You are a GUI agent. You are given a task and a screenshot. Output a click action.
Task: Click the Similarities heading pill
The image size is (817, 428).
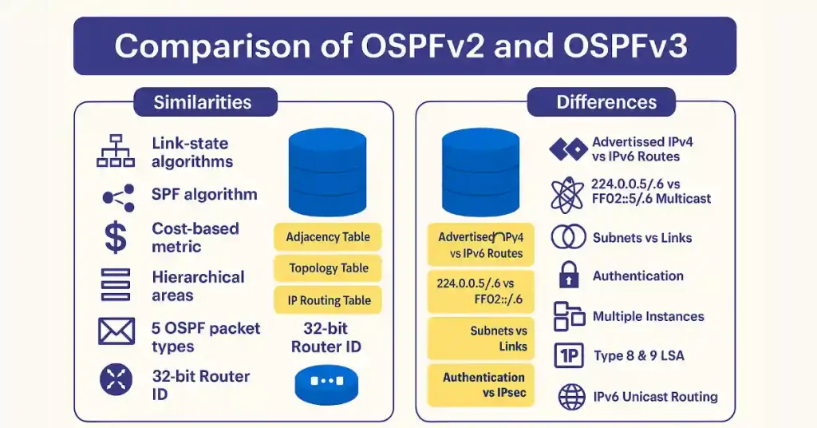coord(203,102)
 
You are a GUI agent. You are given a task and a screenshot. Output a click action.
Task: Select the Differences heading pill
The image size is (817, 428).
coord(606,102)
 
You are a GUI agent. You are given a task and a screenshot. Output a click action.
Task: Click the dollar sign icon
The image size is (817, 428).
coord(115,237)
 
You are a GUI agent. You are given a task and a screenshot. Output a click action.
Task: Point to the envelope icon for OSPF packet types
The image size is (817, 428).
coord(115,331)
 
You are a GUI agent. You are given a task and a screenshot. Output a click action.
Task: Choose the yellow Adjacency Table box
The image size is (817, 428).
coord(329,237)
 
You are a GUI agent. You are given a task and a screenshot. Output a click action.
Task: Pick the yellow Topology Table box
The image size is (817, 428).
coord(329,268)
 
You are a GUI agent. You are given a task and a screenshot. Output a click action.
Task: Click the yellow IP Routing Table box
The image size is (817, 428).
coord(329,300)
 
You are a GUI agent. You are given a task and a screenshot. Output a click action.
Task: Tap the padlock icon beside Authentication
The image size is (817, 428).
coord(568,275)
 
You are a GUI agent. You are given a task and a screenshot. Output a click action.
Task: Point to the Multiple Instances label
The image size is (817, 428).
coord(648,316)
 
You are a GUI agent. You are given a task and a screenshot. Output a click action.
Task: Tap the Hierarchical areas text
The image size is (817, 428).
coord(198,286)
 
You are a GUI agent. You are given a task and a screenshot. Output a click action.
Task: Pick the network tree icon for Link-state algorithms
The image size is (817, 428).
coord(115,151)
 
